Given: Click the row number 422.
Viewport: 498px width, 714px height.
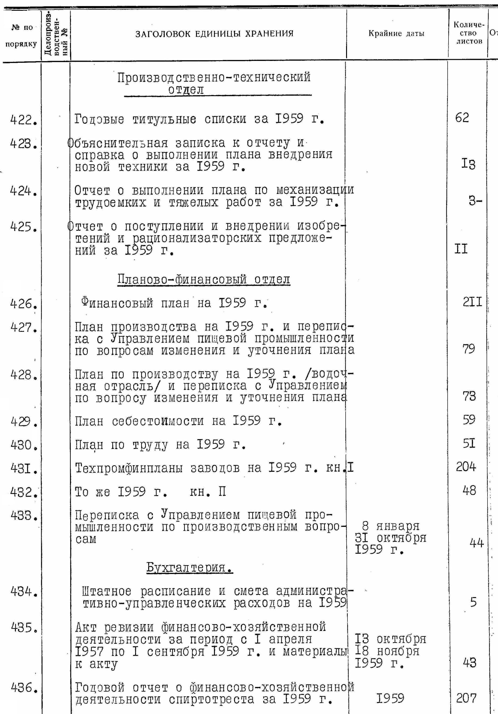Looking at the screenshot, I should click(x=23, y=120).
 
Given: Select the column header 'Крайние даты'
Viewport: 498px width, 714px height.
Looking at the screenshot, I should click(x=396, y=33).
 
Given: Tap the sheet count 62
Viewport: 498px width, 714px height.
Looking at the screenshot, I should click(x=462, y=118).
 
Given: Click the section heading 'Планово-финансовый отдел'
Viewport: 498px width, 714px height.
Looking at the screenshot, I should click(x=204, y=279).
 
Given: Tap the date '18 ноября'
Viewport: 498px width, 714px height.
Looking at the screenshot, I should click(x=387, y=651).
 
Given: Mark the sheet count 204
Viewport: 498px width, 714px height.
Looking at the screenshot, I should click(x=466, y=467).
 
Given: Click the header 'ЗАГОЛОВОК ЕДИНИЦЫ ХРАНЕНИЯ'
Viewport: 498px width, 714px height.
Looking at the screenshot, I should click(x=214, y=34).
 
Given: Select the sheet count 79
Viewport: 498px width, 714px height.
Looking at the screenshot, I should click(x=468, y=349).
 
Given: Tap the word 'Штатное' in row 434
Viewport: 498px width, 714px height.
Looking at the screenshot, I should click(x=107, y=591).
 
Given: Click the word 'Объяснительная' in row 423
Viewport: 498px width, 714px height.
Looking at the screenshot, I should click(x=118, y=143).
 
